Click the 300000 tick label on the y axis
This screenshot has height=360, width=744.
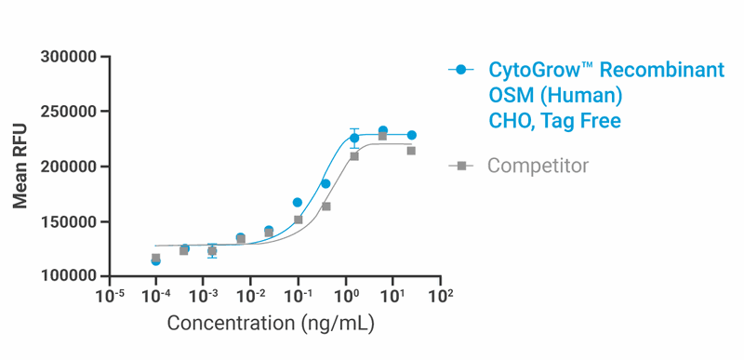click(70, 58)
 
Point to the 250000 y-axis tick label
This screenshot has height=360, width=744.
click(70, 113)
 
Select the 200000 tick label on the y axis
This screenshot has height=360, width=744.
click(70, 167)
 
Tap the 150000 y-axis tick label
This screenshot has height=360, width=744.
click(70, 222)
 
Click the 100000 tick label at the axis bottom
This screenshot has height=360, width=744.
click(70, 277)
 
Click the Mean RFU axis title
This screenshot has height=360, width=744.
click(20, 167)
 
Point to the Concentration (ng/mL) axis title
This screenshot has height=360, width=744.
click(271, 324)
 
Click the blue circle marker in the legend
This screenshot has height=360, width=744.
click(460, 71)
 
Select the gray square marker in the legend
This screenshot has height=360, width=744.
click(460, 167)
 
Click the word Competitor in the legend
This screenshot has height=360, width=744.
click(538, 167)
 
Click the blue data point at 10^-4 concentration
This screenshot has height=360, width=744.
click(155, 260)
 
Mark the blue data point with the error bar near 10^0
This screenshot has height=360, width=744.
click(354, 138)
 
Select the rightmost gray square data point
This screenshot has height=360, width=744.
click(411, 151)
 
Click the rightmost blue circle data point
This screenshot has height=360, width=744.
click(411, 135)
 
